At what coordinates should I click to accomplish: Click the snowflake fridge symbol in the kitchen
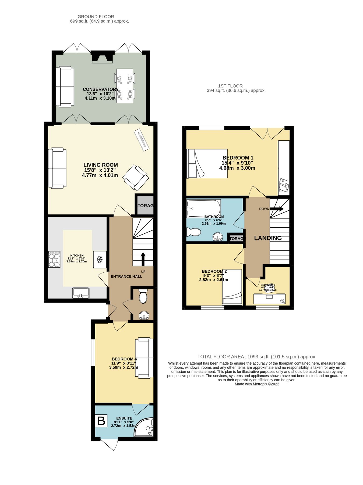point(100,260)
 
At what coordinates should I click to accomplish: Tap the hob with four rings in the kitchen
point(54,259)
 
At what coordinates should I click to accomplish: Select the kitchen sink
point(80,293)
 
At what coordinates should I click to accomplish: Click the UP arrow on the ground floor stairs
point(143,259)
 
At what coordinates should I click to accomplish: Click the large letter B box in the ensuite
point(101,421)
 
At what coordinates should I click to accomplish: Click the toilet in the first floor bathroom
point(194,232)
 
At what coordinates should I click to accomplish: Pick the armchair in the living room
point(136,177)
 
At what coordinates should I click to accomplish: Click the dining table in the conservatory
point(125,86)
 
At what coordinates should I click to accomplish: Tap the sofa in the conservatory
point(65,87)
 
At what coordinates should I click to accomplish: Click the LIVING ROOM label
point(100,165)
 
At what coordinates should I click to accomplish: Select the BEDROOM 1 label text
point(238,158)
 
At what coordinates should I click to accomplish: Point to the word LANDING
point(268,238)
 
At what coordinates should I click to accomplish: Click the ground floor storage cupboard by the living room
point(145,205)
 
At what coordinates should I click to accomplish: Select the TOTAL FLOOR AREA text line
point(257,356)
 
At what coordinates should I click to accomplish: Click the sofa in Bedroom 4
point(144,357)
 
